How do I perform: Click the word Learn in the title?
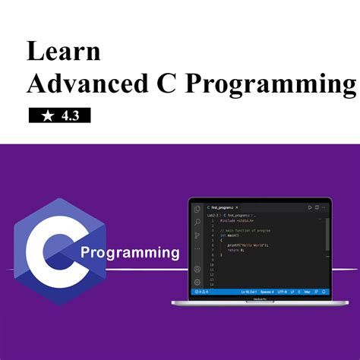tap(64, 52)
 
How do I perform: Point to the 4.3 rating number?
tap(72, 115)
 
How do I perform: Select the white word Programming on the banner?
tap(130, 252)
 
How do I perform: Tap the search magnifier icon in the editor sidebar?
tap(197, 223)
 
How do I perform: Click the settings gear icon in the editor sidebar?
tap(197, 282)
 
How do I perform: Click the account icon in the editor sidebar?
tap(197, 269)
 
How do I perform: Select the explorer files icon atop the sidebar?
tap(197, 209)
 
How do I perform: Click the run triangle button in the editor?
tap(310, 207)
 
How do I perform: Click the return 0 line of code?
tap(235, 251)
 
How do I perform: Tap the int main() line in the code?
tap(230, 235)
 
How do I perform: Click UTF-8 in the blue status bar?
tap(282, 292)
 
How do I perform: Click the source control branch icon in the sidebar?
tap(197, 235)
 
